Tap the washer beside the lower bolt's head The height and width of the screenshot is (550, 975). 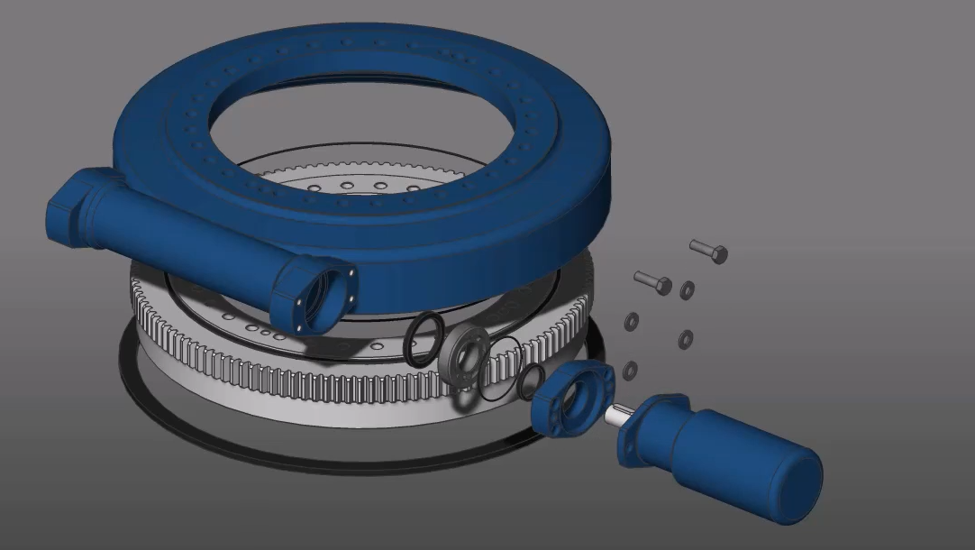click(x=688, y=289)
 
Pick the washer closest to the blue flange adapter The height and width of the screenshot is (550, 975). click(x=630, y=369)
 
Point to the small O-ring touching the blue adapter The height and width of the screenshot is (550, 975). click(x=531, y=382)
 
